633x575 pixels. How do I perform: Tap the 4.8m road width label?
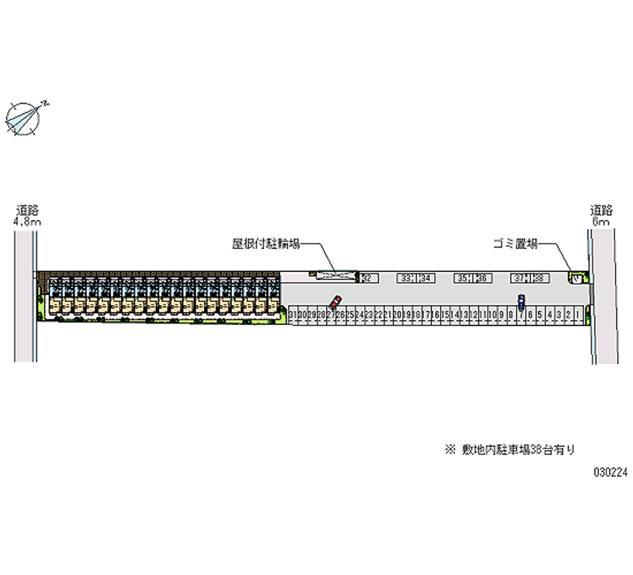27,222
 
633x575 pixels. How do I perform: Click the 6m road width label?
601,222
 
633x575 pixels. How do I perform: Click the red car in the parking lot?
335,301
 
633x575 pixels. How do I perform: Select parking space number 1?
578,315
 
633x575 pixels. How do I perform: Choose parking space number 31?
293,315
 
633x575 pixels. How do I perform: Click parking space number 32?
369,278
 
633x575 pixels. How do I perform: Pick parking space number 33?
406,278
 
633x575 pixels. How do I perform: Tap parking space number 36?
481,278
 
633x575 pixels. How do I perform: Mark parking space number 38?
539,278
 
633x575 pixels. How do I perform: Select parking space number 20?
396,315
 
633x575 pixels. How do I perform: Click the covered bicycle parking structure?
335,275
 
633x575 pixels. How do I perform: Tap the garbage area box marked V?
577,278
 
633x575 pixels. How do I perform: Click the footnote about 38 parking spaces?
510,449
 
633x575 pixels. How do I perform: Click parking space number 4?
550,315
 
